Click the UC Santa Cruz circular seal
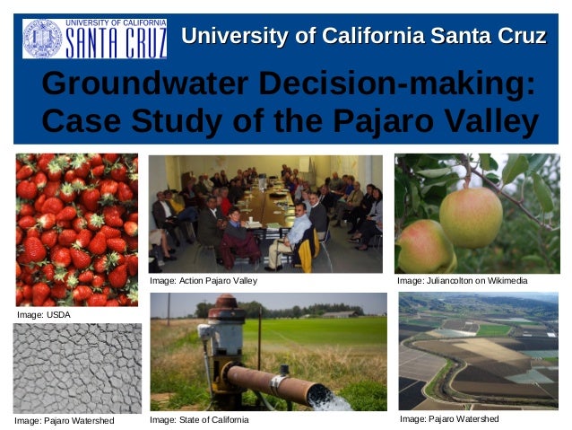pyautogui.click(x=42, y=38)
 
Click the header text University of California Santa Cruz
pyautogui.click(x=364, y=37)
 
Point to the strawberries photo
pyautogui.click(x=77, y=229)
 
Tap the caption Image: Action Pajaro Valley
pyautogui.click(x=204, y=281)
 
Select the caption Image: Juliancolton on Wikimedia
pyautogui.click(x=463, y=281)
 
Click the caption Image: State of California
pyautogui.click(x=199, y=419)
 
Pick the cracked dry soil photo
pyautogui.click(x=77, y=367)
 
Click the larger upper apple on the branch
pyautogui.click(x=471, y=216)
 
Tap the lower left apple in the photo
pyautogui.click(x=425, y=247)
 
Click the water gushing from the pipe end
pyautogui.click(x=331, y=399)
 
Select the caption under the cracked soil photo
pyautogui.click(x=65, y=420)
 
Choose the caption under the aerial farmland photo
pyautogui.click(x=449, y=419)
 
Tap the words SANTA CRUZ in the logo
pyautogui.click(x=117, y=41)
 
